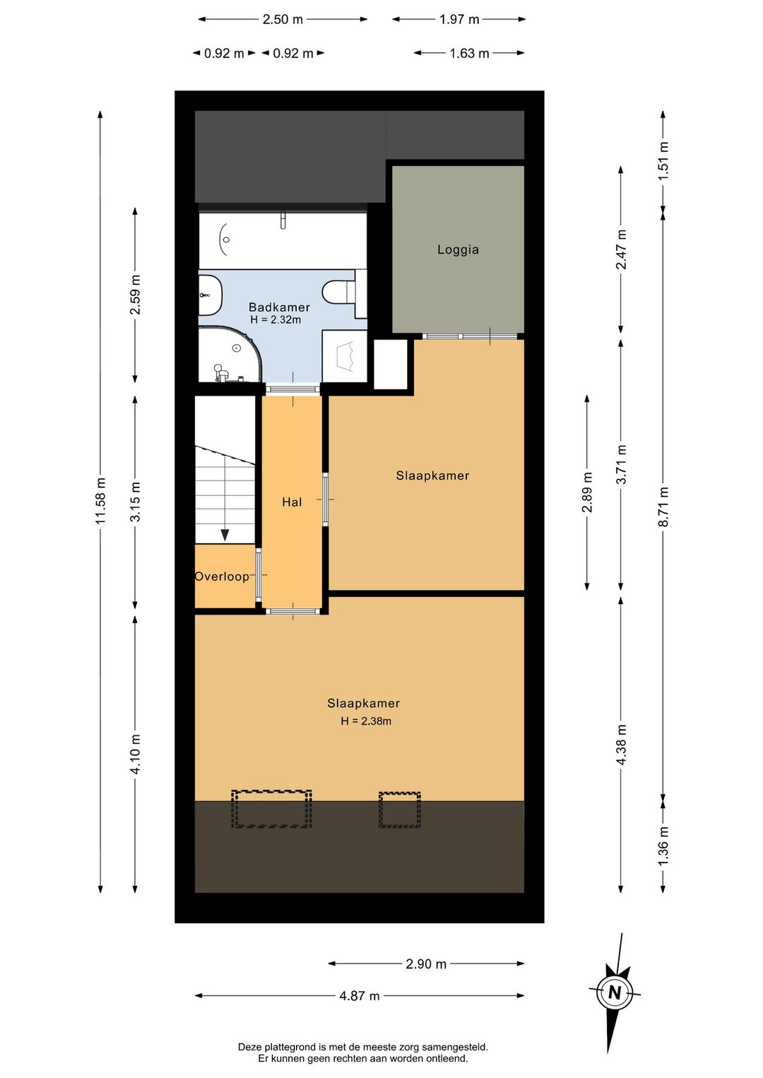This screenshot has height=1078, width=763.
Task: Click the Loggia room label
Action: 458,250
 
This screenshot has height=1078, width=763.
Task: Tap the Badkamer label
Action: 279,307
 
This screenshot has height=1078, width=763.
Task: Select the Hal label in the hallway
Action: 292,502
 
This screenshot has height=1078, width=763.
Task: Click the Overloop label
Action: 222,576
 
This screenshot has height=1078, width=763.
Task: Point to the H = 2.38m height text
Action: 366,721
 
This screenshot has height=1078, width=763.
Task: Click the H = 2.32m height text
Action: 276,319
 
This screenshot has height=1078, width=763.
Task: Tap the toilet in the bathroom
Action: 339,292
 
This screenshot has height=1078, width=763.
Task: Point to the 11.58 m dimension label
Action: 100,501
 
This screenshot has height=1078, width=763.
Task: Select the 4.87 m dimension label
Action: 360,996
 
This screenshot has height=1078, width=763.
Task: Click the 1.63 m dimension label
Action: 469,54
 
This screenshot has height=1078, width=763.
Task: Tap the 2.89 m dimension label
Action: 587,493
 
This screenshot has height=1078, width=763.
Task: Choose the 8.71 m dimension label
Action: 663,507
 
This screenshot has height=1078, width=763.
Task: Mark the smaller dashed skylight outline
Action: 400,810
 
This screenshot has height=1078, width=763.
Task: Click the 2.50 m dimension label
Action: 283,20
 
